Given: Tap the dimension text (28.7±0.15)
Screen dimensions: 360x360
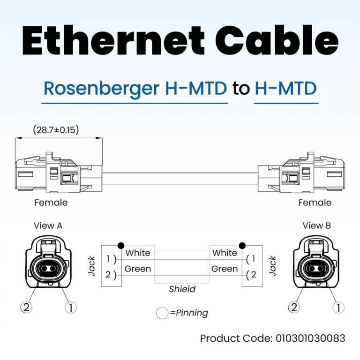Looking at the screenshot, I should click(x=56, y=130).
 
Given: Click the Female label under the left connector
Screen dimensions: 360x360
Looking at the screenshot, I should click(x=51, y=203).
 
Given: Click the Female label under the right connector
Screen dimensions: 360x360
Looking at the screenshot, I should click(x=315, y=203).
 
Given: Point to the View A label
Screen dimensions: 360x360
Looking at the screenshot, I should click(x=48, y=225).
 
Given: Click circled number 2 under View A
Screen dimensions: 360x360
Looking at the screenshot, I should click(x=26, y=307).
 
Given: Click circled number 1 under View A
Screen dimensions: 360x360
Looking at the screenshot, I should click(x=70, y=307).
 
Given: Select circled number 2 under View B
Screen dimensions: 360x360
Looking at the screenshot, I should click(x=294, y=307).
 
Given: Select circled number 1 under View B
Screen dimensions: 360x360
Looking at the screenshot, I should click(x=337, y=307).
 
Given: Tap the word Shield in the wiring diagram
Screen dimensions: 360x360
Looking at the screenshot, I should click(x=182, y=289).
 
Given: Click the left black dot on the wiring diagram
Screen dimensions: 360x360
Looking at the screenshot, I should click(x=121, y=245).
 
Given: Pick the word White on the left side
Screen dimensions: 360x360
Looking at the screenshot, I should click(x=138, y=253).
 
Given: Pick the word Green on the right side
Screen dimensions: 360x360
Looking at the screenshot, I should click(x=225, y=269).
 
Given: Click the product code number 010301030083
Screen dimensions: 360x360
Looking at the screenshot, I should click(x=311, y=338).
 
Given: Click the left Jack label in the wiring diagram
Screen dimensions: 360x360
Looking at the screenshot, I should click(x=92, y=266).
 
